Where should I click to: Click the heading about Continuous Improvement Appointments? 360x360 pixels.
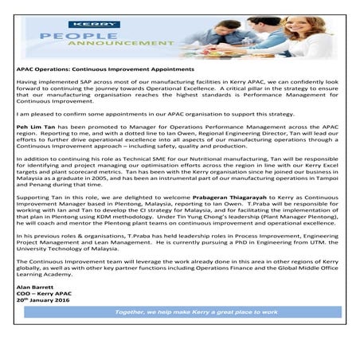104,70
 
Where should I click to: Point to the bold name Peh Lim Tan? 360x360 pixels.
36,127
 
